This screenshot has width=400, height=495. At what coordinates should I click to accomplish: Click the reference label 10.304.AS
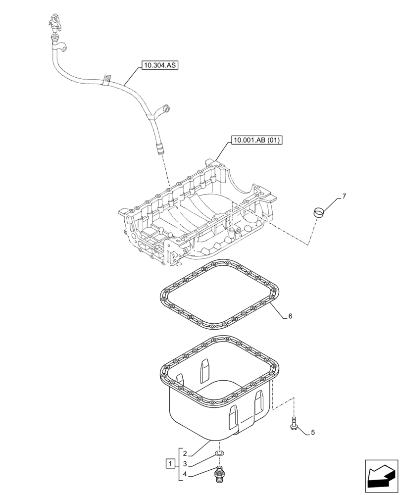[x=159, y=65]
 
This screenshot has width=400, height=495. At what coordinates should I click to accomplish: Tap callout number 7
[x=344, y=196]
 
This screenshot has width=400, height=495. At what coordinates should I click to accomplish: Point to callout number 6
[x=290, y=316]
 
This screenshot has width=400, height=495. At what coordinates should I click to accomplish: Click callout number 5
[x=312, y=433]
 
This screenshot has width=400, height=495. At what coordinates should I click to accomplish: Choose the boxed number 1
[x=170, y=464]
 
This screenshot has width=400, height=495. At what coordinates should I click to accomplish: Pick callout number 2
[x=185, y=453]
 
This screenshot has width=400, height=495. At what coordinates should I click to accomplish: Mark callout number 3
[x=185, y=464]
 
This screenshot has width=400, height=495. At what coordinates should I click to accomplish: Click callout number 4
[x=185, y=475]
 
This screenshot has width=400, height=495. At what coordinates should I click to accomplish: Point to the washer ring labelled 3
[x=218, y=453]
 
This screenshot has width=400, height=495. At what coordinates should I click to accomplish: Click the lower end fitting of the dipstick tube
[x=159, y=148]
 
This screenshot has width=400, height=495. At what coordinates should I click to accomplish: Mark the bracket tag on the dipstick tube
[x=105, y=79]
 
